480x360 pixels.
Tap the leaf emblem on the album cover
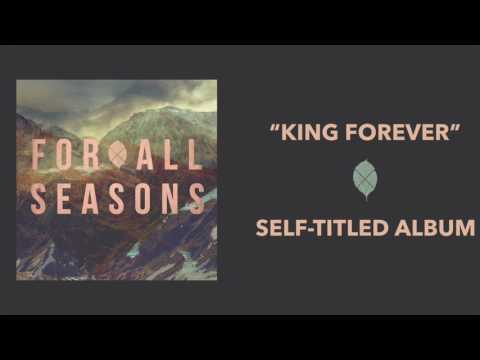(x=118, y=155)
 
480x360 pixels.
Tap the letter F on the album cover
(x=39, y=155)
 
